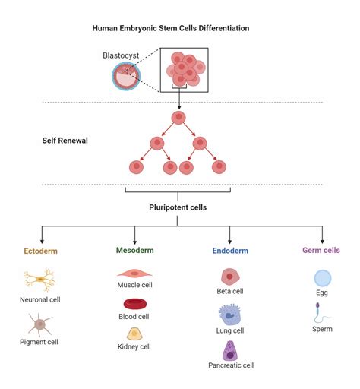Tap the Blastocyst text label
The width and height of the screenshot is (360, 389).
coord(121,55)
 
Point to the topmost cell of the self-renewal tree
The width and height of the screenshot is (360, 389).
coord(178,118)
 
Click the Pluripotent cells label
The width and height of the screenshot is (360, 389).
coord(178,206)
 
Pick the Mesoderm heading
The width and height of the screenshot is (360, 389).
coord(134,249)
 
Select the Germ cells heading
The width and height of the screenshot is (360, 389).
coord(322,249)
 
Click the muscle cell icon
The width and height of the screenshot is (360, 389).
coord(134,273)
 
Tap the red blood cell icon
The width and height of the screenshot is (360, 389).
coord(134,304)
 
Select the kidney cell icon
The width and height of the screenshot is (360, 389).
coord(134,334)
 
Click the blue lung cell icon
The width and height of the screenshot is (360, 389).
coord(229,313)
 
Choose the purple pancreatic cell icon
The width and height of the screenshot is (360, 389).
coord(230,350)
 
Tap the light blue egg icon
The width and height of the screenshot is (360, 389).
coord(322,278)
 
